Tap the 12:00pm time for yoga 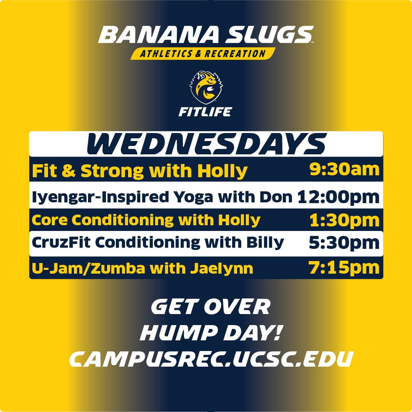coord(338,197)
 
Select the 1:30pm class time coord(344,220)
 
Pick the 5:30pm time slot coord(344,243)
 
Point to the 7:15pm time coord(344,268)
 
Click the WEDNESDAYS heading coord(206,144)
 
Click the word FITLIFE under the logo coord(206,112)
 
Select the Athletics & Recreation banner coord(203,54)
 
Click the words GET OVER coord(210,307)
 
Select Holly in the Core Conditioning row coord(242,220)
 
